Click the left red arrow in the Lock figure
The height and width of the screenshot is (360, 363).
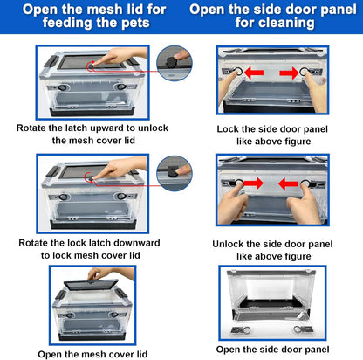pos(254,73)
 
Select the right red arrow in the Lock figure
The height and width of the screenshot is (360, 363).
pos(289,73)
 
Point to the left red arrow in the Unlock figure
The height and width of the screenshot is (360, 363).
pos(253,183)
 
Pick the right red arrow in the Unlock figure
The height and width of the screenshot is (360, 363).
pos(288,183)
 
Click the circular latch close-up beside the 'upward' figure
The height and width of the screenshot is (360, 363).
pos(175,63)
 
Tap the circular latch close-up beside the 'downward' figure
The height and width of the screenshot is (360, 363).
pos(175,173)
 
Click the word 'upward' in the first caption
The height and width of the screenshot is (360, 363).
pos(107,128)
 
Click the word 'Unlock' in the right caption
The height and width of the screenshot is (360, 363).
pos(227,244)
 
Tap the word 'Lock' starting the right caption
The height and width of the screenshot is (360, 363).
pos(228,129)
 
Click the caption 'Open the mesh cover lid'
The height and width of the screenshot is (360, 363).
pos(92,354)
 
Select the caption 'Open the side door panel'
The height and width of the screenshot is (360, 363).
pos(272,350)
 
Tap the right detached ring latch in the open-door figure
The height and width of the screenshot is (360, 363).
pos(303,329)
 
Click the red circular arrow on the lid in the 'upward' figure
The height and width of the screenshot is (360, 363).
pos(91,66)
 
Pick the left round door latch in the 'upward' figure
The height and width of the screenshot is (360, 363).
pos(62,87)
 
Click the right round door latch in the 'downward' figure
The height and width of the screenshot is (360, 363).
pos(120,197)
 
